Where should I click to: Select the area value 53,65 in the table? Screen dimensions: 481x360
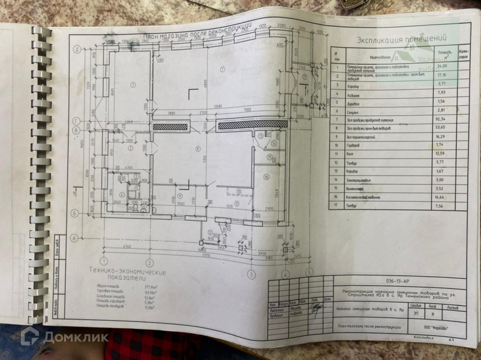click(441, 129)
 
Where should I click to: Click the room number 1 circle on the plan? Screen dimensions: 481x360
click(133, 85)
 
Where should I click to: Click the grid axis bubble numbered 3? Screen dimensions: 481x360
click(250, 275)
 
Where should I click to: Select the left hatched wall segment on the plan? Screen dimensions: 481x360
click(170, 127)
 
